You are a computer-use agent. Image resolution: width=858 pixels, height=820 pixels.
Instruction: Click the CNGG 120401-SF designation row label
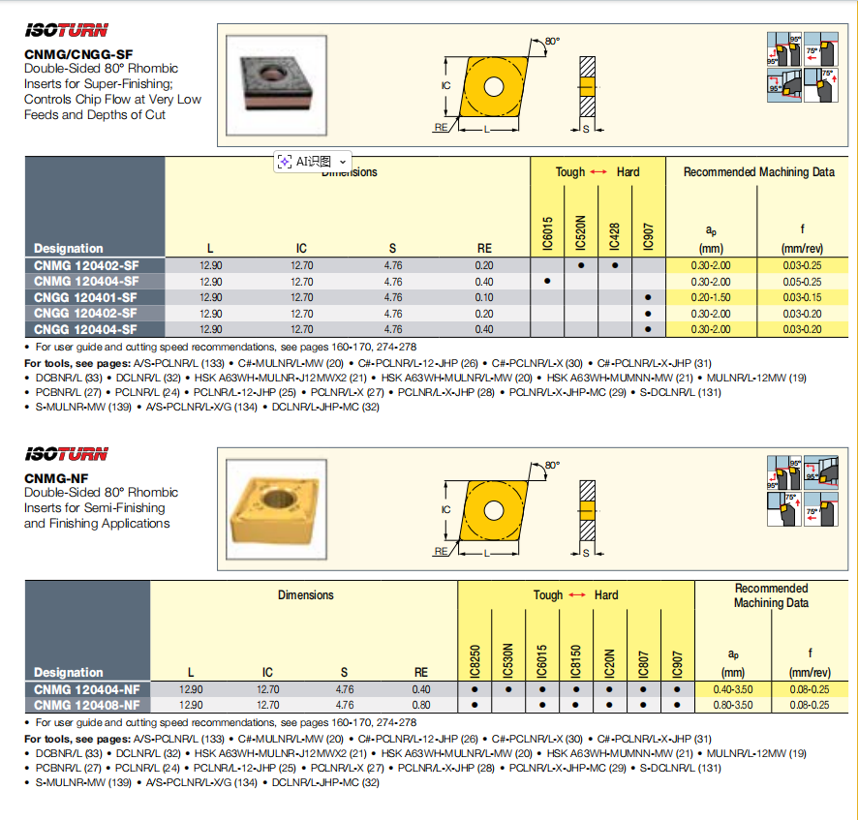85,297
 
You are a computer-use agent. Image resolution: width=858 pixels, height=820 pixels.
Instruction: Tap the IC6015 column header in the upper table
547,232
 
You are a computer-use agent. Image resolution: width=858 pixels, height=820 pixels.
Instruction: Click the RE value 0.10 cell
484,297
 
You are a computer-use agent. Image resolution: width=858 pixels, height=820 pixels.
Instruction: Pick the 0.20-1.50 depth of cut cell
713,297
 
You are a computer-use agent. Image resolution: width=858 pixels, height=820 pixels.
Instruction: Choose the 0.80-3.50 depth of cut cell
732,705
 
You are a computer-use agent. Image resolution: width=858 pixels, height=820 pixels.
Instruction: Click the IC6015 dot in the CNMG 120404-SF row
547,281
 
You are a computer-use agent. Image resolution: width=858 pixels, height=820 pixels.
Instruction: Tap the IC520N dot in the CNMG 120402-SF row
581,264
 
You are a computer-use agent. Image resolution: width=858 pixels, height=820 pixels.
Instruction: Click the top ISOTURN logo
66,30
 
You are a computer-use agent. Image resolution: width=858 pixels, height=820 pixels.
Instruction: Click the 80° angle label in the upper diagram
552,41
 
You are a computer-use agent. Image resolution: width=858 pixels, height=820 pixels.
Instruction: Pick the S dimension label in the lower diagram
586,553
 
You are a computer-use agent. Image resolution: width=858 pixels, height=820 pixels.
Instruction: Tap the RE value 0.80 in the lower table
421,705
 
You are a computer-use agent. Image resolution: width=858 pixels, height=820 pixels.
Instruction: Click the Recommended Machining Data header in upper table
758,172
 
